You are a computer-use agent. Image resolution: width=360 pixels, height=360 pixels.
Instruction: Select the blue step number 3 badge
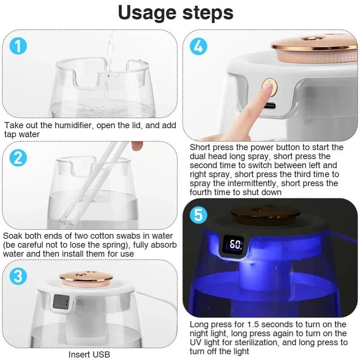tap(18, 276)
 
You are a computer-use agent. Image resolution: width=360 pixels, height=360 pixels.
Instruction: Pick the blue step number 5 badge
tap(198, 215)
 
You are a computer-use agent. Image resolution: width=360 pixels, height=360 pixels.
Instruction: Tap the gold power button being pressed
tap(269, 86)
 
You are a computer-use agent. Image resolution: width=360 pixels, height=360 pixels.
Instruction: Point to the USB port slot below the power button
tap(269, 106)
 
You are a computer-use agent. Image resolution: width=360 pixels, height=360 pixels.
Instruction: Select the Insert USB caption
tap(89, 354)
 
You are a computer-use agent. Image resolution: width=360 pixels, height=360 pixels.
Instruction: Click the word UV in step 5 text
tap(197, 342)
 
